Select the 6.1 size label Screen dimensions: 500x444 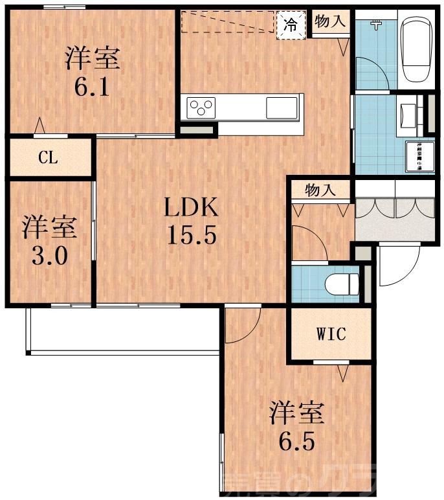coord(91,87)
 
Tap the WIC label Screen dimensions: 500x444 coord(331,334)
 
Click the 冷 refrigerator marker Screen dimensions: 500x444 coord(291,26)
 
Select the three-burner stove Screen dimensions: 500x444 coord(201,107)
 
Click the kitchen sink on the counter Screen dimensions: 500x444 coord(282,107)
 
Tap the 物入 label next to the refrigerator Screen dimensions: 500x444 coord(330,21)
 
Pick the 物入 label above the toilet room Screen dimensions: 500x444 coord(320,191)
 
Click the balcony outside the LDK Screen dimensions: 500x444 coord(123,330)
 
